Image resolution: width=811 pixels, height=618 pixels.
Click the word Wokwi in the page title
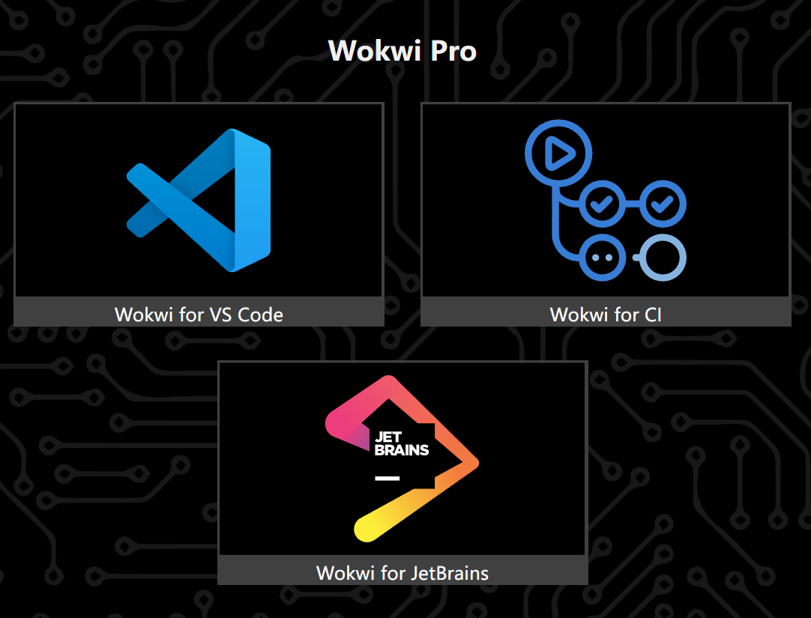365,51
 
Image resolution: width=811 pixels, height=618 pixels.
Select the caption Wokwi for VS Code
199,314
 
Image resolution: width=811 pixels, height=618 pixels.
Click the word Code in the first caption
260,314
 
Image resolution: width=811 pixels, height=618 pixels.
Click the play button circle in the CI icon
558,154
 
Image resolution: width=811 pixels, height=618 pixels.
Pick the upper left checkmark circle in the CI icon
602,203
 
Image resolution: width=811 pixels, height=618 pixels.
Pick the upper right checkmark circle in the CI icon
663,203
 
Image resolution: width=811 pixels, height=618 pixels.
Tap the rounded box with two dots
602,257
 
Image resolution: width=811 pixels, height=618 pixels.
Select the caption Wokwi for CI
606,314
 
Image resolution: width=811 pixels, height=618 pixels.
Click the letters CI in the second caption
652,314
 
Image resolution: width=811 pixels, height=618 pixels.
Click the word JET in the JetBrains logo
388,437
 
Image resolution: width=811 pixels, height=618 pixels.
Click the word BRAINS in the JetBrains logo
401,449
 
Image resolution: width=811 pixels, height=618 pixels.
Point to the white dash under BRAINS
387,478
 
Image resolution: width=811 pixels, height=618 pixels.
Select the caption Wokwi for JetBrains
403,573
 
